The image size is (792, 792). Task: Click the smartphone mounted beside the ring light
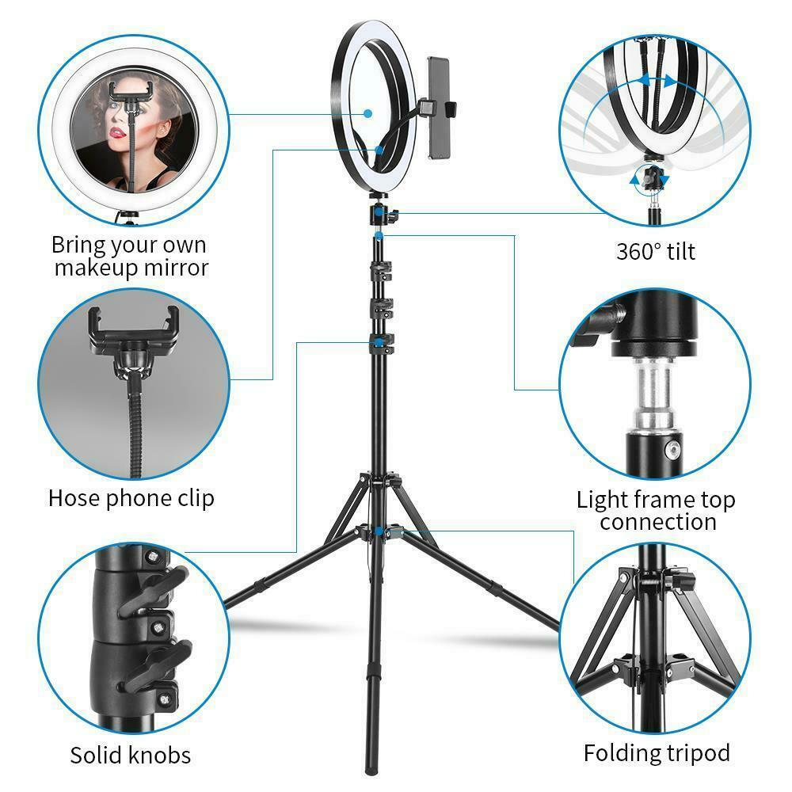439,108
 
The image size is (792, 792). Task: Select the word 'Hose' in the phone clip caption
74,498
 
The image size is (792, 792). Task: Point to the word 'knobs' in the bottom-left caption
160,755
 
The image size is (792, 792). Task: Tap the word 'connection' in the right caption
658,521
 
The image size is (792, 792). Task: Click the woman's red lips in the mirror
117,133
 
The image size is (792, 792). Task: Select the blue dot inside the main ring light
368,113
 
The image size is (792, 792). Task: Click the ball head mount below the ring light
383,211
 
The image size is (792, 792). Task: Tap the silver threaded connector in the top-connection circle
653,392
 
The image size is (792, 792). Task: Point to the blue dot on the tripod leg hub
379,531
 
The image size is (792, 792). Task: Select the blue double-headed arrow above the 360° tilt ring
656,80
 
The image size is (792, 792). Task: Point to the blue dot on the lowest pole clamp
379,343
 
